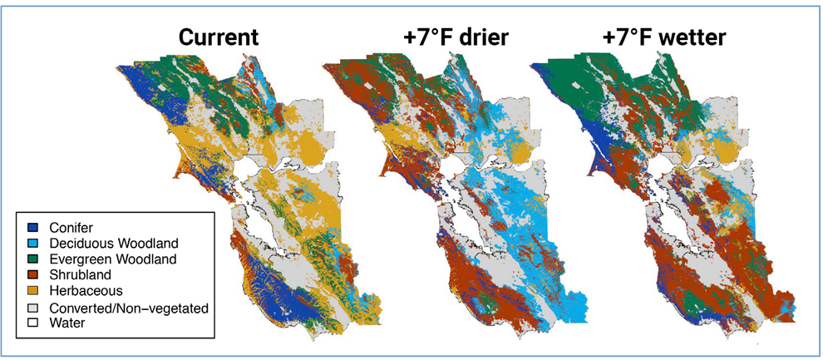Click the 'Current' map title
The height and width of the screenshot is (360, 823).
tap(219, 38)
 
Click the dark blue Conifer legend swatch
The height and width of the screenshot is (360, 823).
tap(30, 228)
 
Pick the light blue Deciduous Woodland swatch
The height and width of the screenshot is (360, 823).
tap(30, 244)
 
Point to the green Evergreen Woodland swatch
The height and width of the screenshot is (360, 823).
tap(30, 259)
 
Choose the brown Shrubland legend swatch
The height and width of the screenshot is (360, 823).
tap(30, 274)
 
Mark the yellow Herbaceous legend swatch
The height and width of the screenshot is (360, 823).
tap(30, 289)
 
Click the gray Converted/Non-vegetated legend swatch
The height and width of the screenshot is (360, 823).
tap(30, 308)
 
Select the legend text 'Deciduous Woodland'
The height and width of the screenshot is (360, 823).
tap(114, 244)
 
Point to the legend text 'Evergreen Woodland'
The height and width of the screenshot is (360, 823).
tap(113, 259)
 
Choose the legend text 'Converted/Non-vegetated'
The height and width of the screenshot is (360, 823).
tap(129, 308)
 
